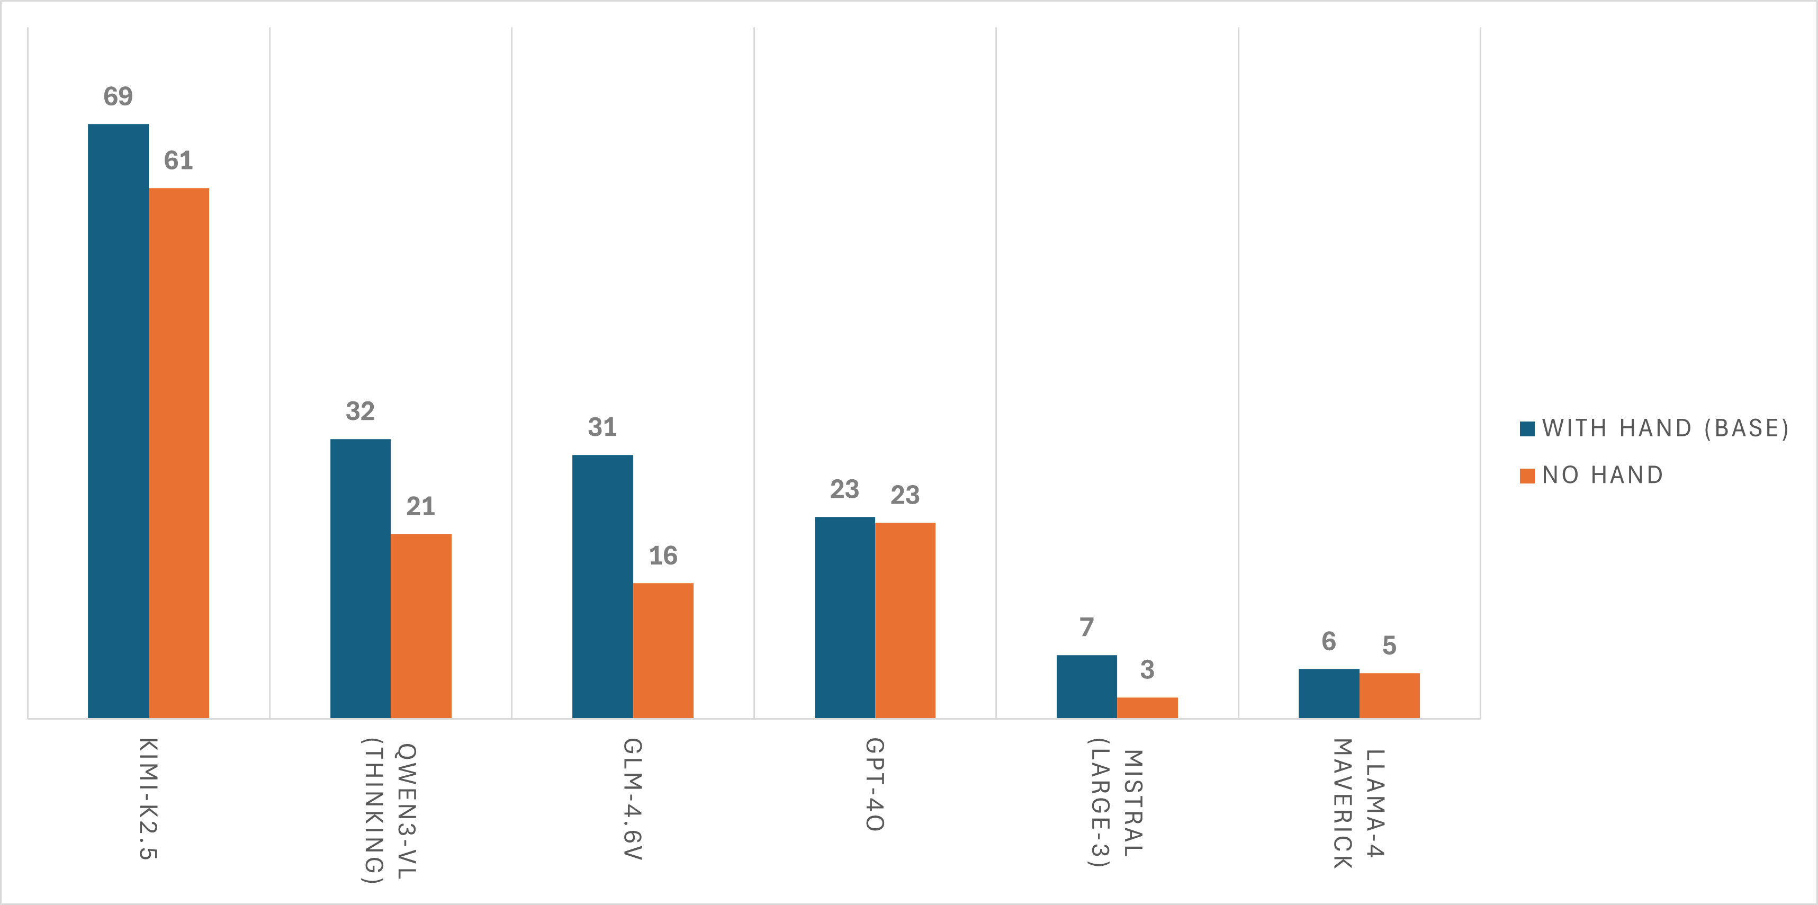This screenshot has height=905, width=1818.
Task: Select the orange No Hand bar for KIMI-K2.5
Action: tap(178, 452)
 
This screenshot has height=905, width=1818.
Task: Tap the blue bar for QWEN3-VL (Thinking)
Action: tap(360, 578)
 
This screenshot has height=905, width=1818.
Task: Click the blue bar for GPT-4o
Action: tap(844, 617)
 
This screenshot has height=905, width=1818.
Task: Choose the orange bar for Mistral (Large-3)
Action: tap(1147, 707)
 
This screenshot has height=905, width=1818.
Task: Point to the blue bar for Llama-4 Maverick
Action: tap(1328, 693)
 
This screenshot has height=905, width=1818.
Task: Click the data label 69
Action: tap(118, 96)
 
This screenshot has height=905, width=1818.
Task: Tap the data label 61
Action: tap(178, 160)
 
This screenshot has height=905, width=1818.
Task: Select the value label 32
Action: tap(360, 411)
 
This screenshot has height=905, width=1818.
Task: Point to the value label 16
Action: tap(663, 555)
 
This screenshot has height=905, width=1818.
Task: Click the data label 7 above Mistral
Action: tap(1086, 627)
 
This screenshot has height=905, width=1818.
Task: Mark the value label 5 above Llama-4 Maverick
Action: tap(1389, 645)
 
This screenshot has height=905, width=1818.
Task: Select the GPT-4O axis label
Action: tap(875, 784)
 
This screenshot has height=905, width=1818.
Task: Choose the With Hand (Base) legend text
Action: tap(1665, 428)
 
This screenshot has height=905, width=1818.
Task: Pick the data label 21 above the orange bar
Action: tap(421, 506)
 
